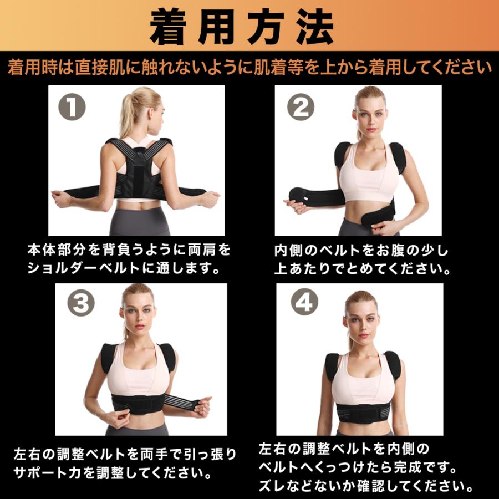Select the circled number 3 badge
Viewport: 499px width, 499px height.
tap(81, 303)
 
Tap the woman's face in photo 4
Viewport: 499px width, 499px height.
tap(360, 320)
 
